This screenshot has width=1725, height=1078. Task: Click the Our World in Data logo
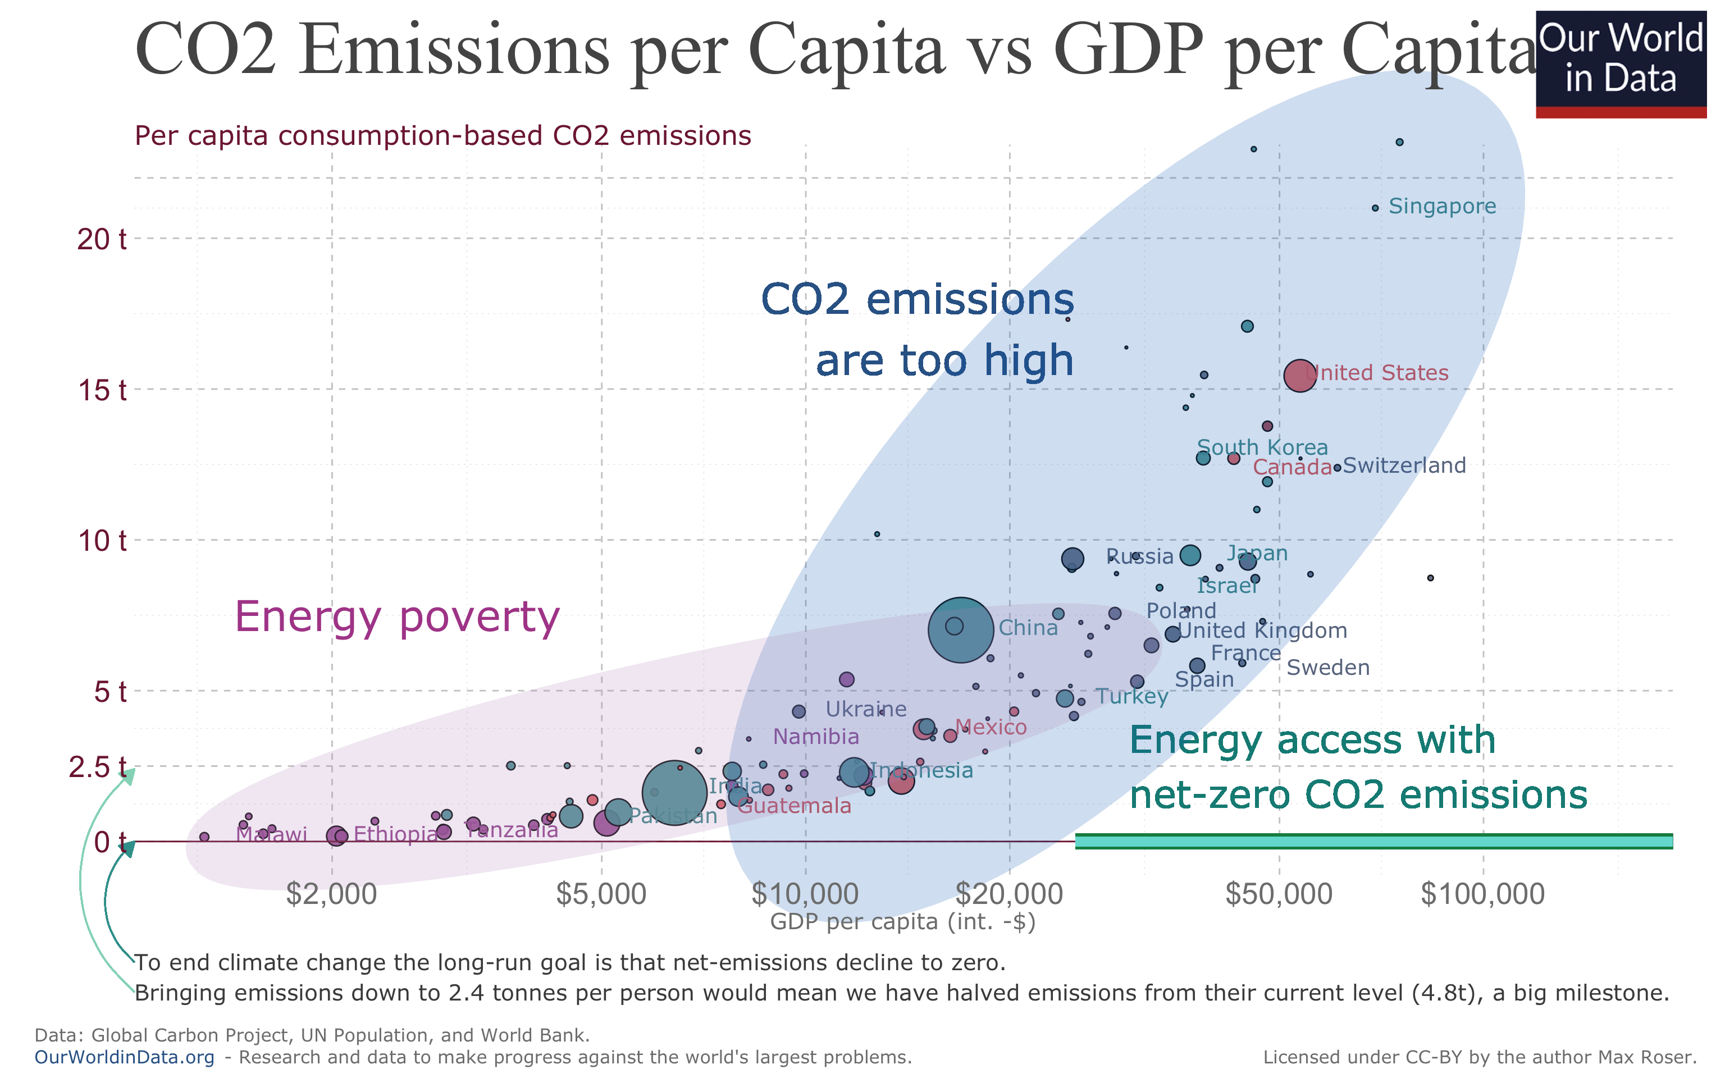[x=1620, y=63]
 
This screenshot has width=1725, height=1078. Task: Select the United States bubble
[x=1299, y=376]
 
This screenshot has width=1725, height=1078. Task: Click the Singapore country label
[x=1441, y=207]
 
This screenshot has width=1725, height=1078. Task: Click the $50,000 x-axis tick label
[x=1278, y=894]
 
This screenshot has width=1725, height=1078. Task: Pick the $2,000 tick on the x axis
[x=331, y=894]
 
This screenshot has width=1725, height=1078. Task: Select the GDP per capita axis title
[x=902, y=922]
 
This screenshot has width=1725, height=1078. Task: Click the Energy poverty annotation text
[x=397, y=618]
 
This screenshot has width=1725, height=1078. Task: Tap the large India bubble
[x=674, y=792]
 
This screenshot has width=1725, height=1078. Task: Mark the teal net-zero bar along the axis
[x=1373, y=841]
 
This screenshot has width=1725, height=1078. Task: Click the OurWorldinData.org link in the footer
[x=124, y=1057]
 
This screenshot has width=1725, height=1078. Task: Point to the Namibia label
[x=815, y=737]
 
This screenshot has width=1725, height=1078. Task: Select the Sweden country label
[x=1327, y=668]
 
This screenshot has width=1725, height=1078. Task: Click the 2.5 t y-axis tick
[x=98, y=767]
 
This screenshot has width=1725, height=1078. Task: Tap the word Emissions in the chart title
[x=454, y=50]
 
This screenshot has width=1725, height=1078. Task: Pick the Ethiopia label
[x=396, y=835]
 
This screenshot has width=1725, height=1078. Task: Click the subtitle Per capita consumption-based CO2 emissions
[x=442, y=135]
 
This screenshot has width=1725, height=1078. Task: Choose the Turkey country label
[x=1131, y=697]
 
